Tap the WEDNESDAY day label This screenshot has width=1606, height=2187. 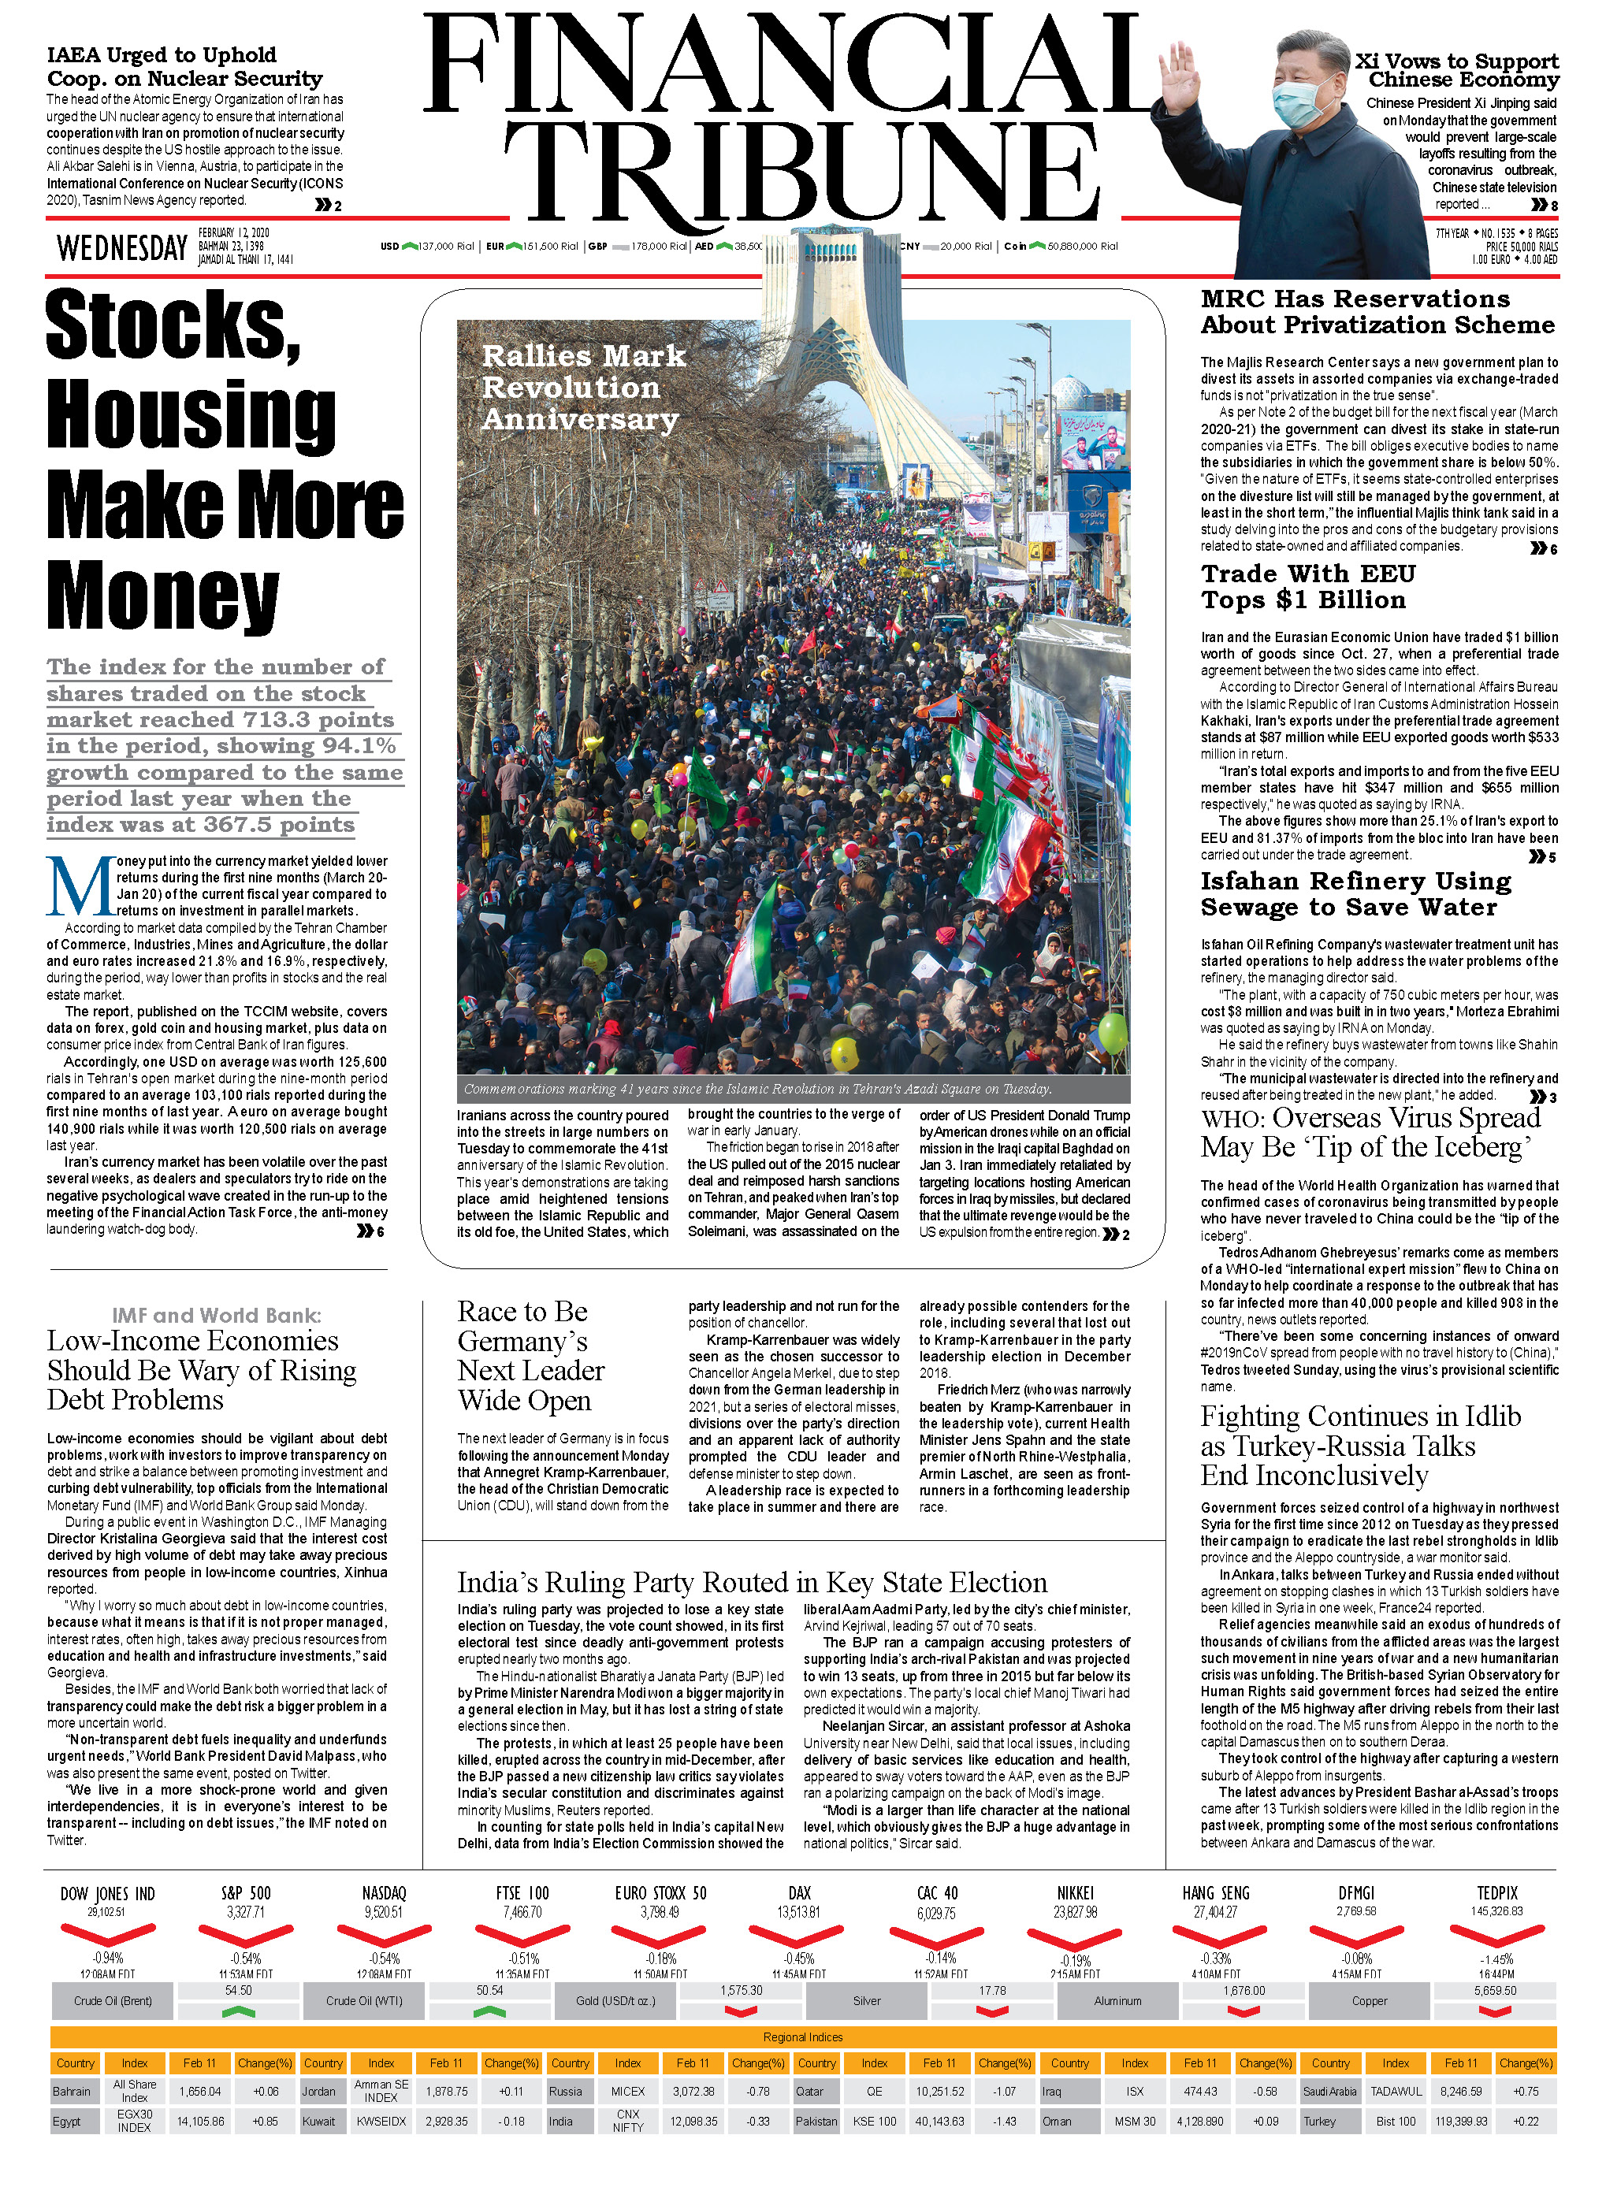click(x=121, y=248)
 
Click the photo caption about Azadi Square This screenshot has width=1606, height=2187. click(x=757, y=1089)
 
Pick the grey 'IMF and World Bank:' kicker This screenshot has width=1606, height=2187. click(x=216, y=1315)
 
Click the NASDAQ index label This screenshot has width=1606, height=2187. click(x=384, y=1893)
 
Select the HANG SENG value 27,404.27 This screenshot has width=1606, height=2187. click(x=1215, y=1912)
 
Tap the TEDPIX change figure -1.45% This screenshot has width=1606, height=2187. click(x=1496, y=1959)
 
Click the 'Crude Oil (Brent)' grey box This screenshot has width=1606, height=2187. click(x=113, y=2000)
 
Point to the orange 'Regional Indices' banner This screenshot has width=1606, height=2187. click(x=803, y=2037)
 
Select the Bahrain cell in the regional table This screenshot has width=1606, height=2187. click(x=72, y=2091)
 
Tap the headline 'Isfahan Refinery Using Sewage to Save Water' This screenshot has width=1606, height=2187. click(x=1355, y=893)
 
